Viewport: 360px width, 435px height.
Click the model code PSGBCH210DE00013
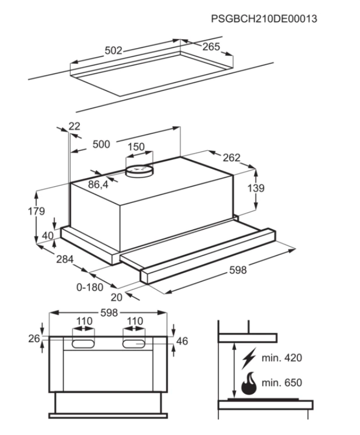click(264, 19)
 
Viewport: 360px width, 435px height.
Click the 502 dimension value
click(113, 51)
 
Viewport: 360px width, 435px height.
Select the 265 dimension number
click(211, 47)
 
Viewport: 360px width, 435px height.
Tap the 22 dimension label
click(75, 126)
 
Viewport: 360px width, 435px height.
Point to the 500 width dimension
click(101, 144)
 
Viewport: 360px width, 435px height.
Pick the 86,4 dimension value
click(98, 185)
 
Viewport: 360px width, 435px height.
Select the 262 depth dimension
click(231, 158)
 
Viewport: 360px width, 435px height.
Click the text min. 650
click(281, 383)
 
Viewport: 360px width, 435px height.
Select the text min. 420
click(281, 358)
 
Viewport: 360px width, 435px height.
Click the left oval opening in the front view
click(83, 344)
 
